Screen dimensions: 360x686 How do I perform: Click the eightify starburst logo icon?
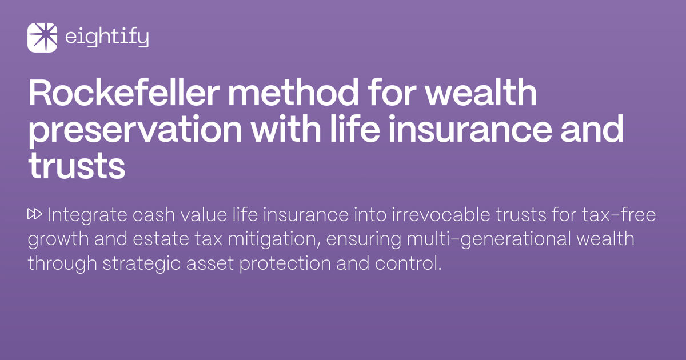coord(42,38)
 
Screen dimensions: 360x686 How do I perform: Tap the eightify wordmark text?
coord(107,38)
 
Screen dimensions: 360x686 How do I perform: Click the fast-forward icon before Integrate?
coord(35,215)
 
